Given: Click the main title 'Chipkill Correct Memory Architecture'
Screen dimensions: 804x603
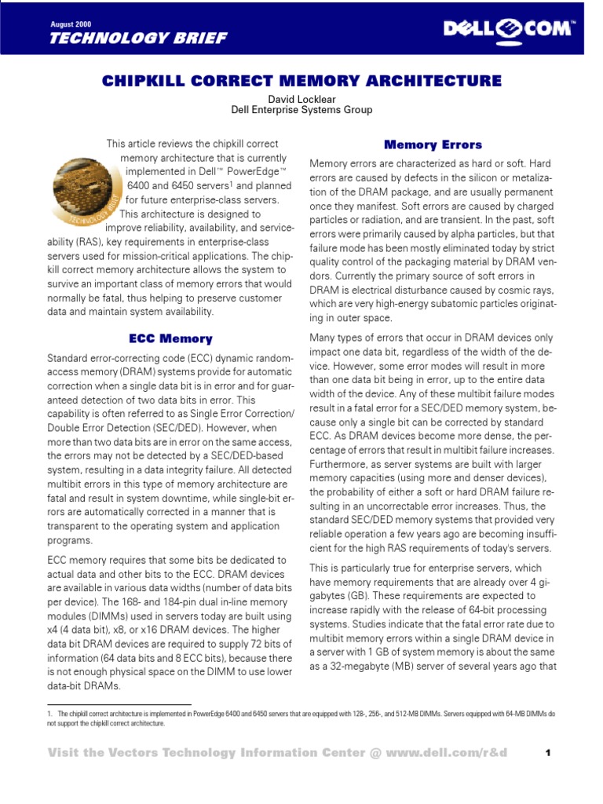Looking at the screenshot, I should point(302,81).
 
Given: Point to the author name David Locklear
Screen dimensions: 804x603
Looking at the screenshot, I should point(301,99).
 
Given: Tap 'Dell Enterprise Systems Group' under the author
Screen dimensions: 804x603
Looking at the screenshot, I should point(301,111).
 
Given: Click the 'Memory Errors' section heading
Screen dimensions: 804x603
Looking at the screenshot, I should point(433,145).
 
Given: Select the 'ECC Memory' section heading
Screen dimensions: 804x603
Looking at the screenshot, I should point(170,339).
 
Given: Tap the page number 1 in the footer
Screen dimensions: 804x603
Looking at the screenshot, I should point(549,754).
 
